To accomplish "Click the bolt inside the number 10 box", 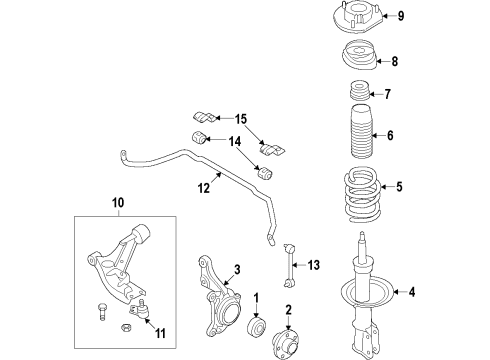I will (104, 312).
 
